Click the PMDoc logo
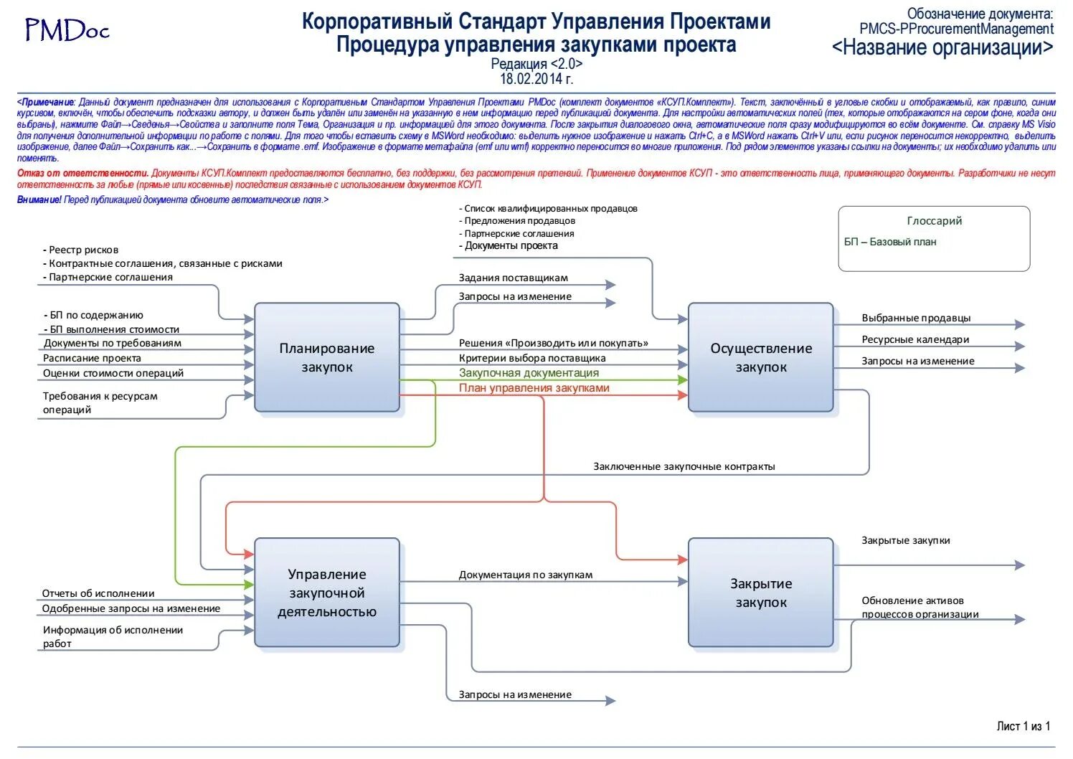(x=67, y=30)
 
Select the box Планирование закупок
(x=327, y=357)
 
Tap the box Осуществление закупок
(x=761, y=357)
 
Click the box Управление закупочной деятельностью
(x=327, y=593)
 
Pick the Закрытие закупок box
(x=761, y=593)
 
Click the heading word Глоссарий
(x=934, y=221)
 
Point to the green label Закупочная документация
(x=529, y=373)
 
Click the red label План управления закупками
(x=534, y=388)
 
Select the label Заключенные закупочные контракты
(x=684, y=466)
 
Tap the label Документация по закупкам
(x=526, y=575)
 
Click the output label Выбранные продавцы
(x=916, y=318)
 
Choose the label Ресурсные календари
(x=915, y=339)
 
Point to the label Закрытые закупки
(x=905, y=540)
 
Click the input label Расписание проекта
(x=92, y=358)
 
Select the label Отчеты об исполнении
(x=98, y=593)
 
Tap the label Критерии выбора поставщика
(x=532, y=358)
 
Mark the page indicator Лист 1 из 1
(x=1023, y=726)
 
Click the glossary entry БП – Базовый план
(x=890, y=242)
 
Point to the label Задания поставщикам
(x=514, y=278)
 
